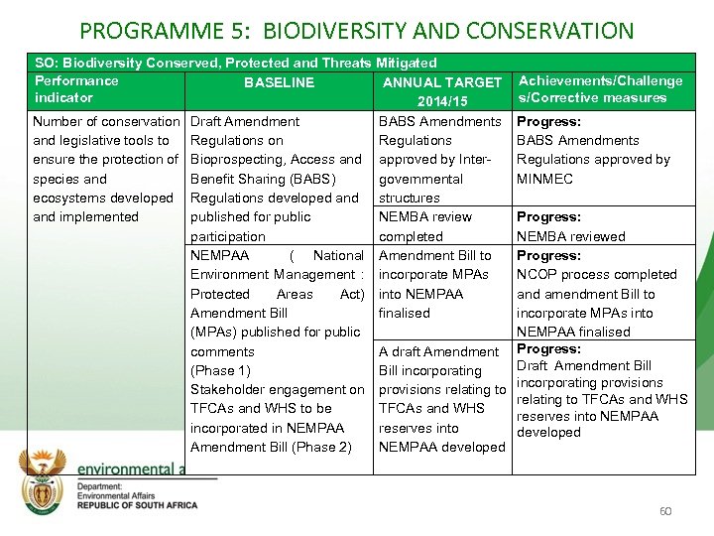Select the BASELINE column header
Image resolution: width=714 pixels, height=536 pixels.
[279, 82]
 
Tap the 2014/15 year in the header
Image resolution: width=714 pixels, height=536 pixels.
[441, 101]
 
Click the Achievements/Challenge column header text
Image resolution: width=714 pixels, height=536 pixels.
[600, 80]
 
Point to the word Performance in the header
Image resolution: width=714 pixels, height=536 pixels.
[76, 80]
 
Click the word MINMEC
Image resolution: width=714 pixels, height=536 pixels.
[544, 179]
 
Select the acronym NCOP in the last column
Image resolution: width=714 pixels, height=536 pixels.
[536, 274]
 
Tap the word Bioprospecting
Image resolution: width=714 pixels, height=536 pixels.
[239, 159]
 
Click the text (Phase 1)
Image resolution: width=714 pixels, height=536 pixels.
[213, 370]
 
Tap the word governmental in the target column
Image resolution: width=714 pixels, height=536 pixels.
[420, 179]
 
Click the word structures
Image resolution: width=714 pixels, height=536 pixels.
[409, 198]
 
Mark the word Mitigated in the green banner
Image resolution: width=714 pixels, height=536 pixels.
[406, 63]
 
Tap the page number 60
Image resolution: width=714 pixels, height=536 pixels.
[664, 511]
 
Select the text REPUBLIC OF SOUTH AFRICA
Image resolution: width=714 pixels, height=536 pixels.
[137, 504]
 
